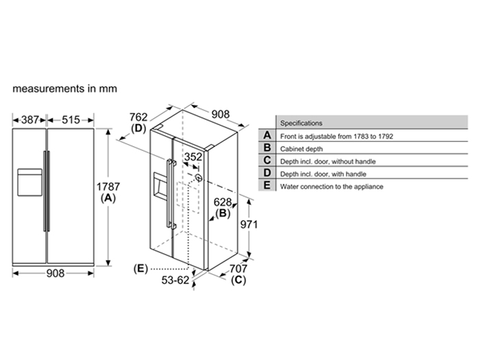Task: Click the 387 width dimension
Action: (x=30, y=119)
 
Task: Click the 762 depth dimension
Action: (x=139, y=116)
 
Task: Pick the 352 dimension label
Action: (x=194, y=157)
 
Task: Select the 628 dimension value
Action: (x=223, y=202)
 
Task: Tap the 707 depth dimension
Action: (x=239, y=269)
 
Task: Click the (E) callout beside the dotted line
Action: (x=140, y=267)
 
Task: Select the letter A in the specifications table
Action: (x=267, y=136)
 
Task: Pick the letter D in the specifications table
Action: (x=267, y=173)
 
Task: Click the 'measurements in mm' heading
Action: (x=64, y=89)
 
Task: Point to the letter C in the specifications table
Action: (x=267, y=161)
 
